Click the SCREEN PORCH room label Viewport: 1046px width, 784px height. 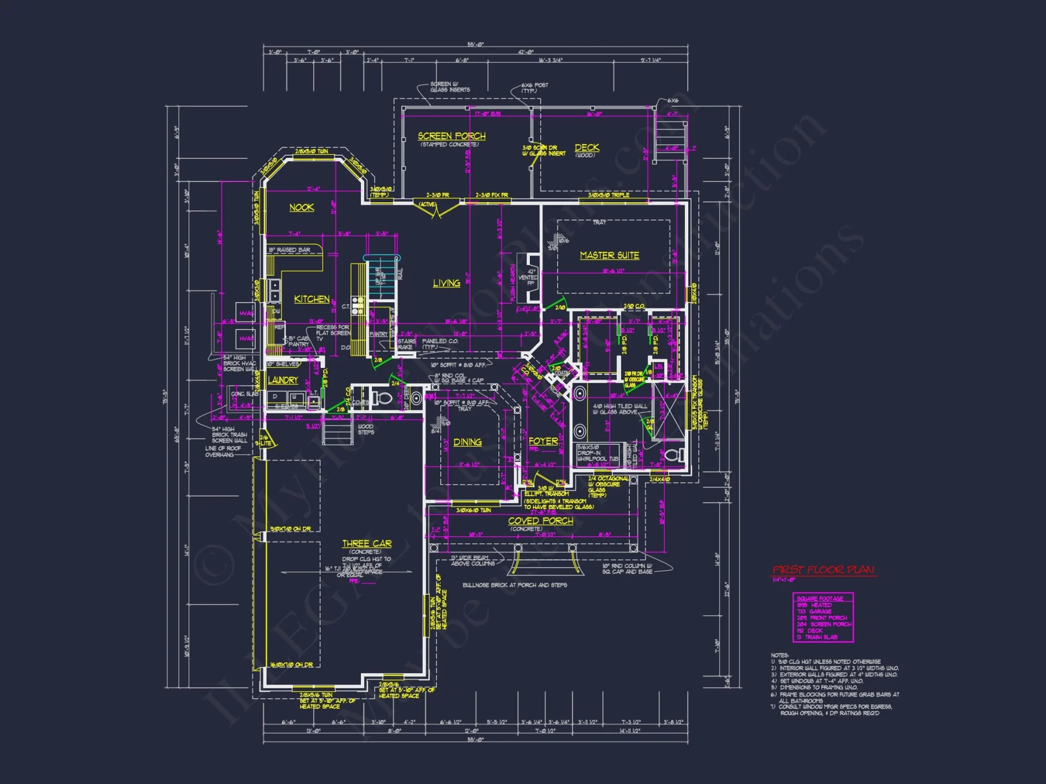[451, 136]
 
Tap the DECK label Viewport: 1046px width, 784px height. [587, 148]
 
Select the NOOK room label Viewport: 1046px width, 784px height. [302, 207]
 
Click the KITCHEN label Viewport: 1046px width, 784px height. [312, 299]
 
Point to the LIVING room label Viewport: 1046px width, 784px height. [446, 283]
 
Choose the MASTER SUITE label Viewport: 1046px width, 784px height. [609, 256]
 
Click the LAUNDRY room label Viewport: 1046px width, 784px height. [283, 380]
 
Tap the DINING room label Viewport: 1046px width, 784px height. [468, 442]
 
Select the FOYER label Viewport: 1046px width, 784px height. [543, 441]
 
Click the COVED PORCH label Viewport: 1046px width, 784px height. [540, 521]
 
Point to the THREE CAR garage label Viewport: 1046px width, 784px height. [367, 544]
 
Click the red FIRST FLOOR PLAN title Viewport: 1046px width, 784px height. [823, 570]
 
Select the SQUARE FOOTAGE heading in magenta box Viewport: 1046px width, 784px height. [820, 598]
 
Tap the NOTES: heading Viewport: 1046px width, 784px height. [779, 655]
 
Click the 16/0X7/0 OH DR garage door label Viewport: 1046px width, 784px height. [291, 665]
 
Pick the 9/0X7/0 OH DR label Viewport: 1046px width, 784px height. [290, 529]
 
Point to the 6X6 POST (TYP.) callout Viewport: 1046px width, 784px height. [534, 87]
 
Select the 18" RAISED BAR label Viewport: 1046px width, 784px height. [289, 250]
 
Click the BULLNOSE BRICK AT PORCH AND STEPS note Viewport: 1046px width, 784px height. [514, 585]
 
